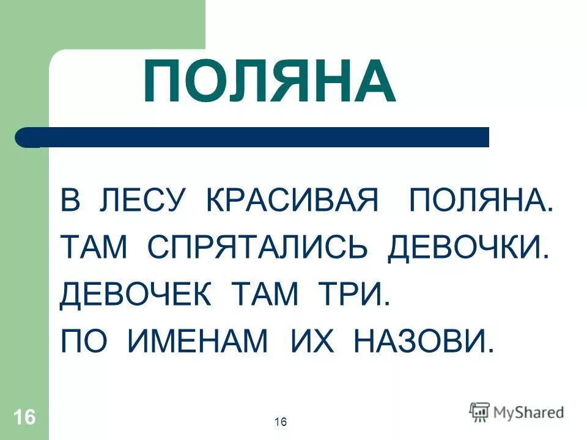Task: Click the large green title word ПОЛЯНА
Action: [269, 82]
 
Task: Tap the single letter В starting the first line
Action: [70, 201]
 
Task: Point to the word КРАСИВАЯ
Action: [292, 201]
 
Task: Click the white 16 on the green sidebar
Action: [24, 418]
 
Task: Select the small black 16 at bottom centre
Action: [281, 422]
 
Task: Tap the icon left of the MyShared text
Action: [479, 411]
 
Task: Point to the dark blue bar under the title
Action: [257, 137]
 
